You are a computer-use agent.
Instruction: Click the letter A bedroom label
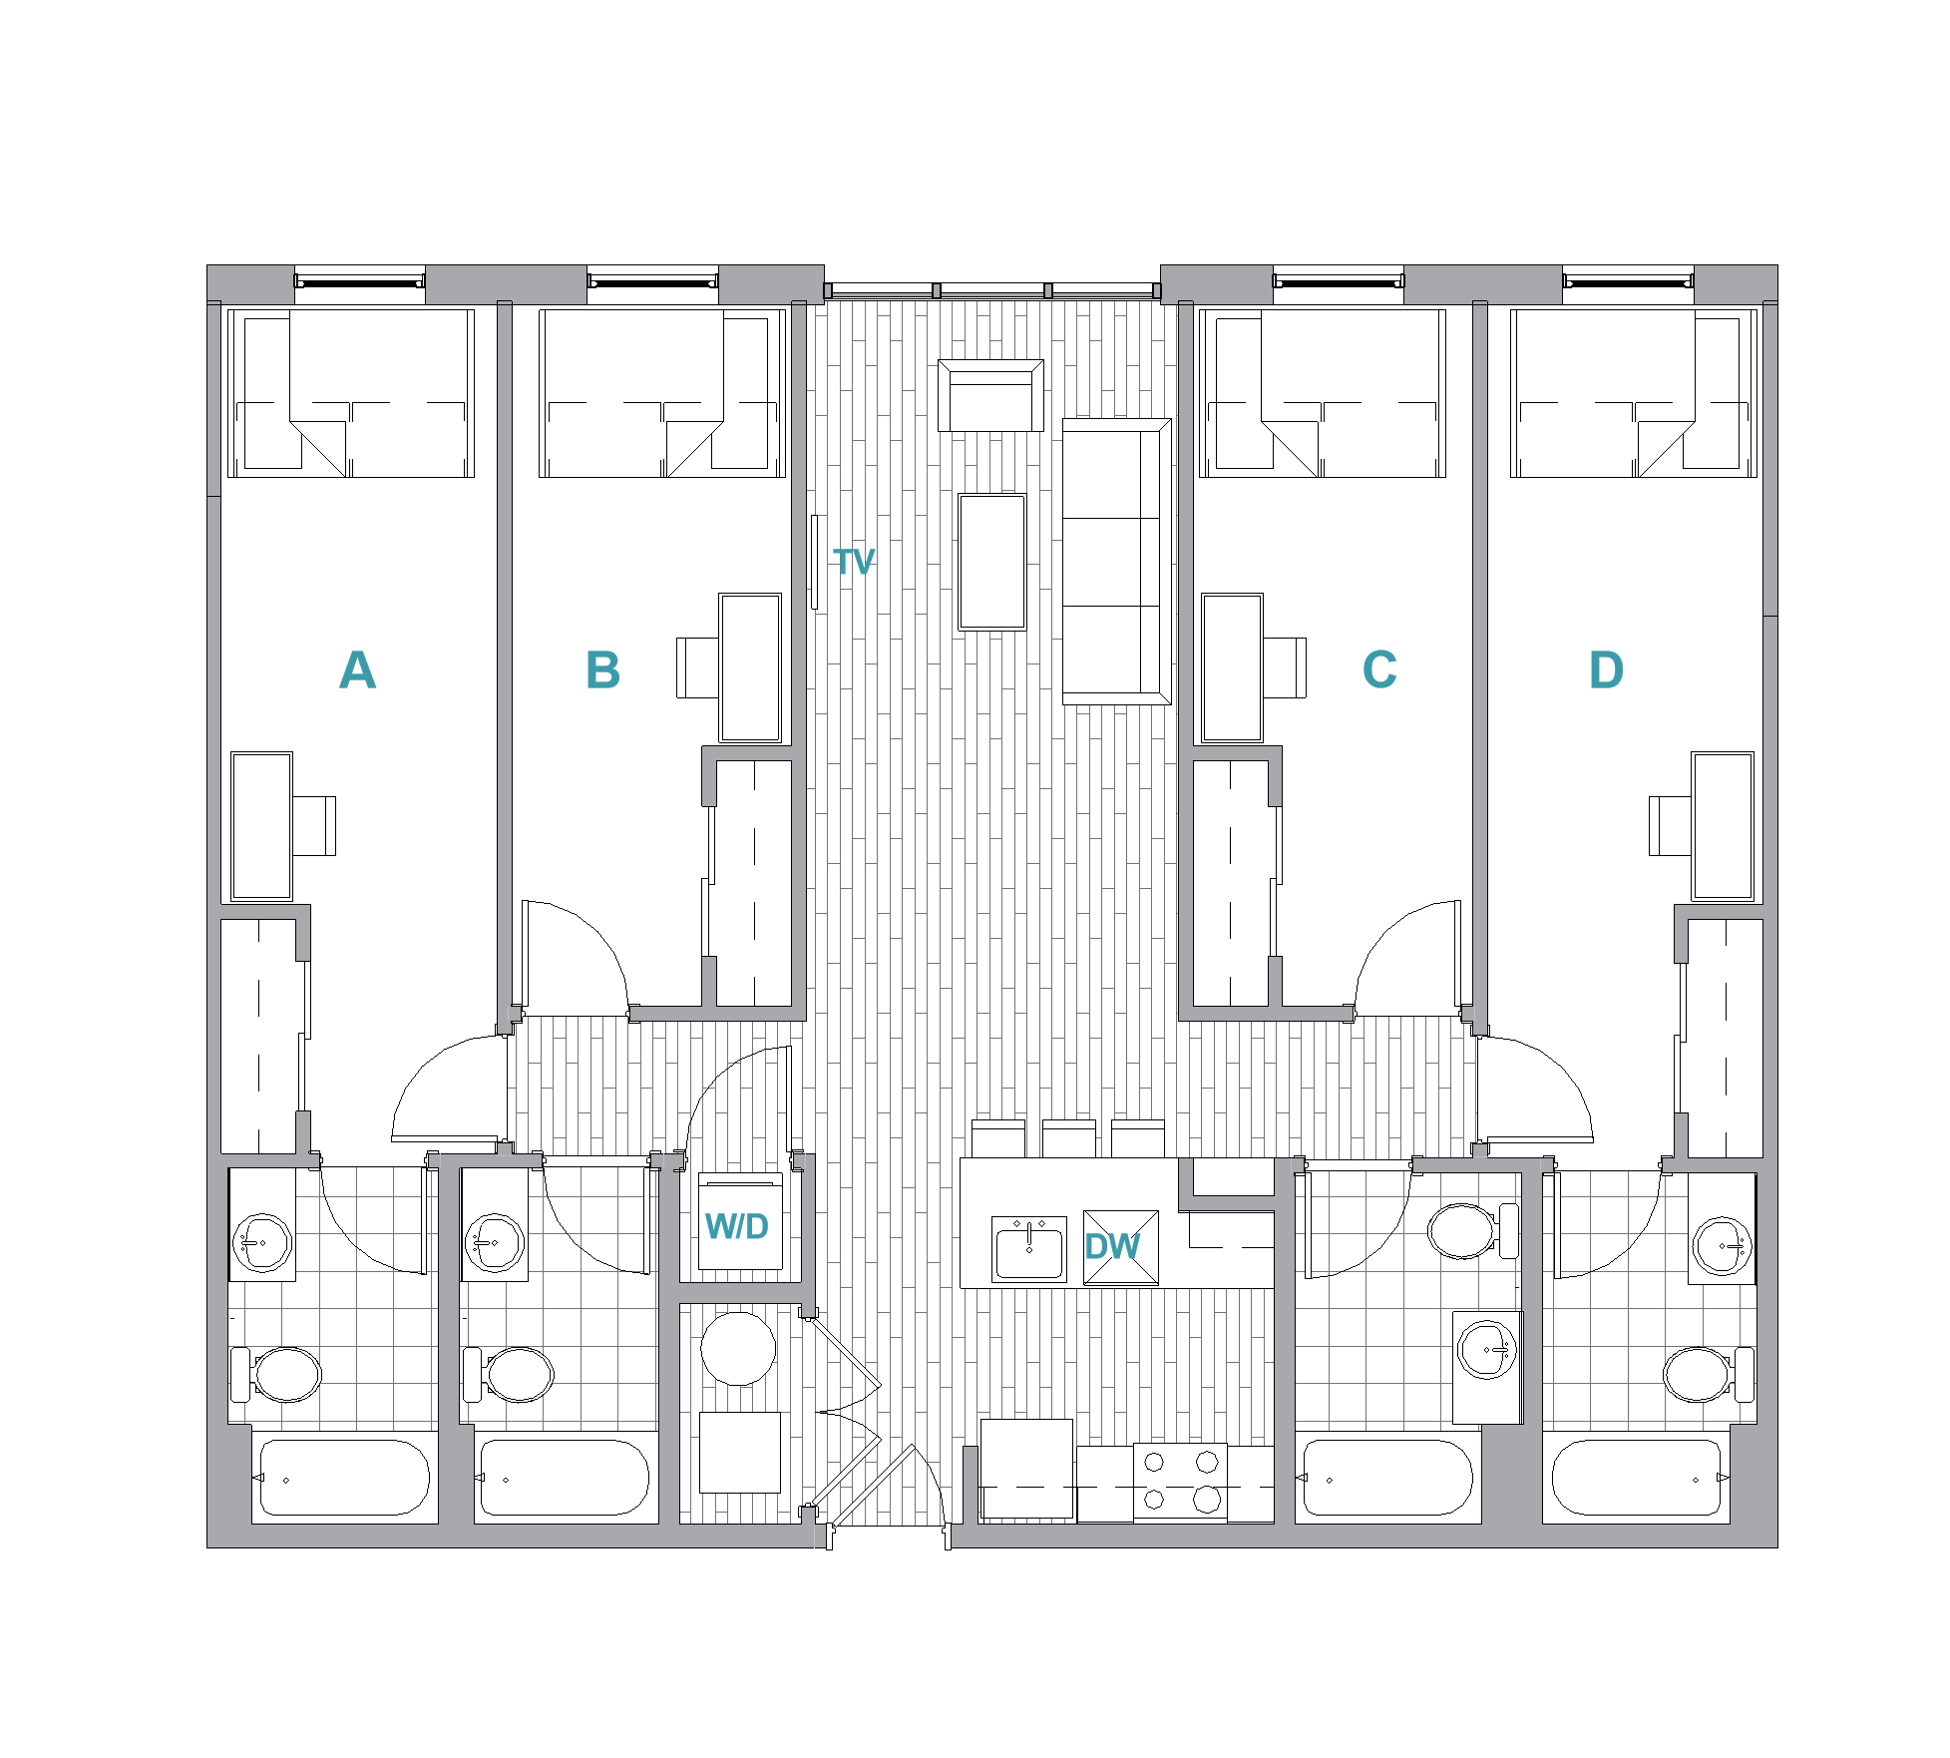[357, 669]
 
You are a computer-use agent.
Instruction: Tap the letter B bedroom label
[602, 669]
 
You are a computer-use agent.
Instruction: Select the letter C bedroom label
[1379, 669]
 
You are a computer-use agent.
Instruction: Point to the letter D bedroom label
[1606, 669]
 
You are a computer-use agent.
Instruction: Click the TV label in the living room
[854, 562]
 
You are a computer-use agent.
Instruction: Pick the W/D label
[737, 1226]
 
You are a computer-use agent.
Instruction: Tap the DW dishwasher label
[1112, 1246]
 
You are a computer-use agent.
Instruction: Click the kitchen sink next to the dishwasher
[1029, 1248]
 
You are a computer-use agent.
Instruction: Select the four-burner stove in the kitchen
[1180, 1482]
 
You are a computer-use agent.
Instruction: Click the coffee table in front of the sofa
[992, 562]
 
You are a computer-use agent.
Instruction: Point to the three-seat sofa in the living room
[1115, 562]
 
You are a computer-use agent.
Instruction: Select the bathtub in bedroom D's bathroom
[1636, 1478]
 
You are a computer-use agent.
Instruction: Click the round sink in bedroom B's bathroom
[495, 1243]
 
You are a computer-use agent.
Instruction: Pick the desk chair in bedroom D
[1670, 825]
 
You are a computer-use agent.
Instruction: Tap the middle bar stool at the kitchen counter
[1068, 1138]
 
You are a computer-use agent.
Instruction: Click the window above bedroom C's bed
[1339, 282]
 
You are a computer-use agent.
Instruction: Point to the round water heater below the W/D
[738, 1348]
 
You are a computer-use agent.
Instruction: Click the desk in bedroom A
[262, 826]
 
